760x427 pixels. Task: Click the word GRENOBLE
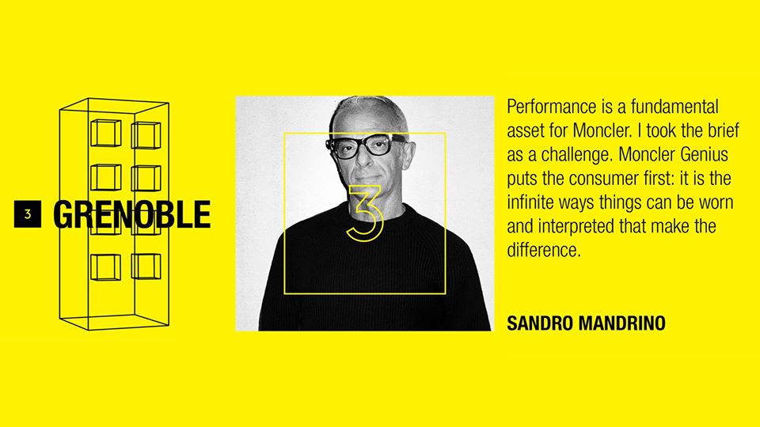[132, 214]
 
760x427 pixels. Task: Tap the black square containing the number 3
[28, 213]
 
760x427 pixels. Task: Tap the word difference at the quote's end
[543, 251]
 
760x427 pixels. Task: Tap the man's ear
[409, 155]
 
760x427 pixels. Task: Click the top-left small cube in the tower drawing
[105, 133]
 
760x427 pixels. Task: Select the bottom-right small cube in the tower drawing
[146, 266]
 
